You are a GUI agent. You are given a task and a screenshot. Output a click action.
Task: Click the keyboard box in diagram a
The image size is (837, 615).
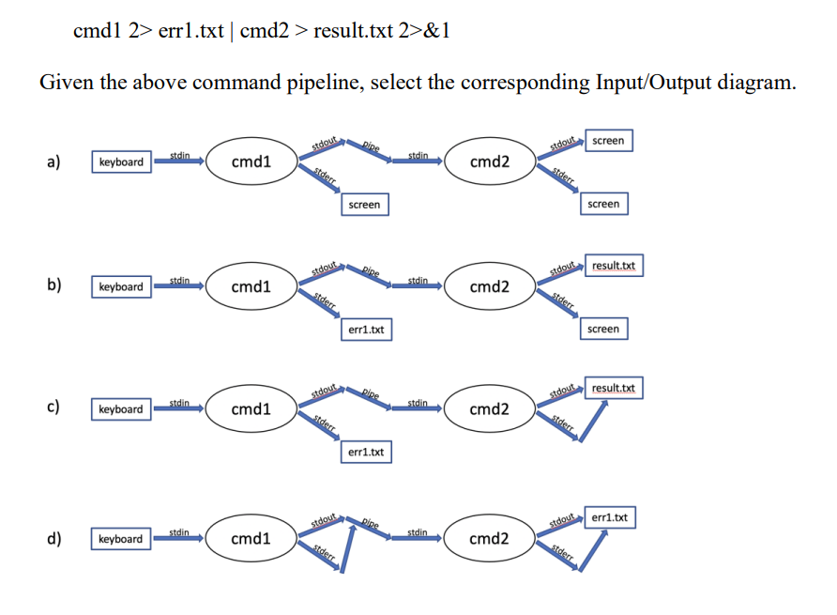(x=121, y=162)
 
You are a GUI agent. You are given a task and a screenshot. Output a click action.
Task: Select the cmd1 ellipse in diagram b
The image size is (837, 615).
(x=251, y=286)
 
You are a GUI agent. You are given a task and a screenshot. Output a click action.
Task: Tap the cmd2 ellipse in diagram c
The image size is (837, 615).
(x=489, y=409)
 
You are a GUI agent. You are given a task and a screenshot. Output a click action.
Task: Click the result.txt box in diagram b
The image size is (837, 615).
(x=614, y=267)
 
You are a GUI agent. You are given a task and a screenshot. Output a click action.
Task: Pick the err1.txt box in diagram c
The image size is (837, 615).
(x=365, y=453)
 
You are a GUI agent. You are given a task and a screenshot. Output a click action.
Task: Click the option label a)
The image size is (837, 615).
(x=54, y=161)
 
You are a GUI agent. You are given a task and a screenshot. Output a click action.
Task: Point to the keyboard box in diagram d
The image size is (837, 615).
(x=121, y=539)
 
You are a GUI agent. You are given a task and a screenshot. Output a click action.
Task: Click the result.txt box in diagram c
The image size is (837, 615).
(x=614, y=389)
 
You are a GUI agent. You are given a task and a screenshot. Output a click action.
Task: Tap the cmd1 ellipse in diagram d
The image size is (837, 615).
(x=251, y=539)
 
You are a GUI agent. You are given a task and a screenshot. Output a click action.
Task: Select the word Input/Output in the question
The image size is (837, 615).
(x=654, y=83)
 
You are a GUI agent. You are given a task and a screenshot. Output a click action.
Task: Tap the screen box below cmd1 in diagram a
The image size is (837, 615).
(x=364, y=204)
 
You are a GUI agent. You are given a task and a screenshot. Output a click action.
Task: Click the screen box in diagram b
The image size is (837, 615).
(x=603, y=330)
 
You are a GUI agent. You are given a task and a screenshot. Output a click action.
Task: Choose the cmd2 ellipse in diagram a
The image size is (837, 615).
(x=489, y=162)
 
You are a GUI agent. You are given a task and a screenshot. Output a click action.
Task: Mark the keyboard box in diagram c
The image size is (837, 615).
(x=121, y=409)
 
